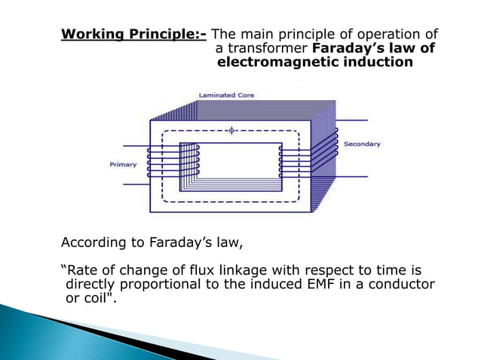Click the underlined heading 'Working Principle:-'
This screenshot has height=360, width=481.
pyautogui.click(x=133, y=35)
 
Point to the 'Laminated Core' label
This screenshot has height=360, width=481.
pyautogui.click(x=226, y=96)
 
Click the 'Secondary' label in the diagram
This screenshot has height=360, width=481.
pyautogui.click(x=362, y=144)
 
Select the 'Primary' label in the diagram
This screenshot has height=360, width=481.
pyautogui.click(x=123, y=164)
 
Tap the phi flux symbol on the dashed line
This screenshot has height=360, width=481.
pyautogui.click(x=231, y=130)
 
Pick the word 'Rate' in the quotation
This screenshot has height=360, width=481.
pyautogui.click(x=81, y=270)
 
